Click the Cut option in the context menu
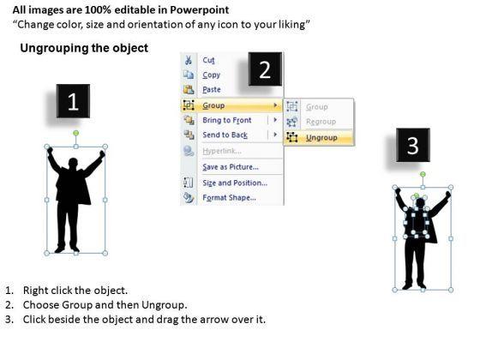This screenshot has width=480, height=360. tap(208, 60)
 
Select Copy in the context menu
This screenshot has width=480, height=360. tap(211, 75)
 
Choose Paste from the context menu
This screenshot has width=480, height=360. tap(212, 89)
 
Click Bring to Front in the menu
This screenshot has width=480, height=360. tap(227, 120)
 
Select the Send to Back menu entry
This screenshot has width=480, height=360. tap(225, 135)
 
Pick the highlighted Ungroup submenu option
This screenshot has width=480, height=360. tap(321, 138)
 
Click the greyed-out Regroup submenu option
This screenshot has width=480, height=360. tap(321, 122)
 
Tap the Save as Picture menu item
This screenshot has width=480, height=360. tap(231, 167)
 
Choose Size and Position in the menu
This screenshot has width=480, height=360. tap(235, 183)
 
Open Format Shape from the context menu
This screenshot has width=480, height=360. tap(229, 197)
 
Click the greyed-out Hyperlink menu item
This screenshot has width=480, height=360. tap(222, 151)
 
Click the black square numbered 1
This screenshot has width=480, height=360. tap(73, 101)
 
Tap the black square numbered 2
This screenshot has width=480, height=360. tap(265, 69)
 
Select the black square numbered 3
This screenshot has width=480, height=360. tap(413, 145)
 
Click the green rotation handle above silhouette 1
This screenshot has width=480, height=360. tap(76, 133)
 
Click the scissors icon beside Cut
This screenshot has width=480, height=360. tap(189, 60)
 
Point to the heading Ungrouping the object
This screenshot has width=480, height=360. tap(84, 48)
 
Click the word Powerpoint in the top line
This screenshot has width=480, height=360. tap(199, 10)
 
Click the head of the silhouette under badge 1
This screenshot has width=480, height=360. tap(73, 163)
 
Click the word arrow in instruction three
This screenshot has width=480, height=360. tap(211, 319)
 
